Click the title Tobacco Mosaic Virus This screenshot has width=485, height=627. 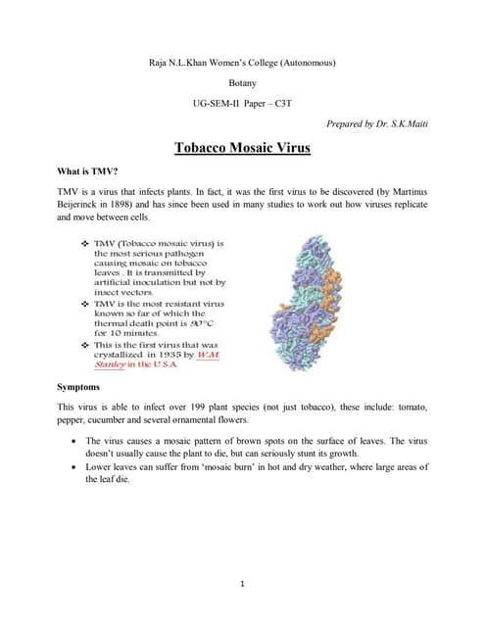pos(241,149)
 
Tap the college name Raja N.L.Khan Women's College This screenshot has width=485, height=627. pos(241,63)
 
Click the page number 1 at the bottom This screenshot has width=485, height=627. pos(241,584)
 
